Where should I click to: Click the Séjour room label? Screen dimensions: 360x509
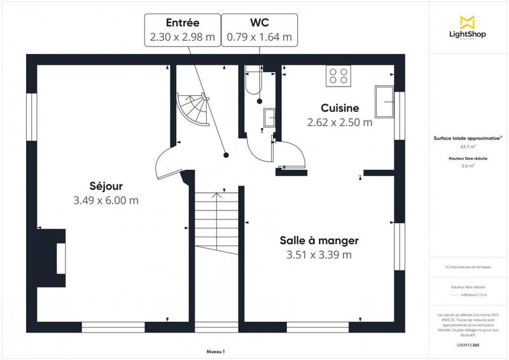106,186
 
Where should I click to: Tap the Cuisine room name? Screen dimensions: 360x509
340,108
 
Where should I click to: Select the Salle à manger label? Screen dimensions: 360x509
319,240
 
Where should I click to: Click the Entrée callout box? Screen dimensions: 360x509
183,30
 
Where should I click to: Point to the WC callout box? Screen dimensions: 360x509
260,30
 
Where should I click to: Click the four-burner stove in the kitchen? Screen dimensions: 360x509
338,76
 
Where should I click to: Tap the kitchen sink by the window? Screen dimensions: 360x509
384,102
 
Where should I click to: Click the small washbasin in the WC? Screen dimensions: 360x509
269,117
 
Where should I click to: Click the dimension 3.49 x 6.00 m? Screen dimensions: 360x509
106,200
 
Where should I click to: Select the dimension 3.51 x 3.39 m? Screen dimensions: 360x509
319,255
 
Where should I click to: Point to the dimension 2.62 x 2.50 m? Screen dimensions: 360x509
340,123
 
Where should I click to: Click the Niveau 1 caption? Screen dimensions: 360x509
216,352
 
